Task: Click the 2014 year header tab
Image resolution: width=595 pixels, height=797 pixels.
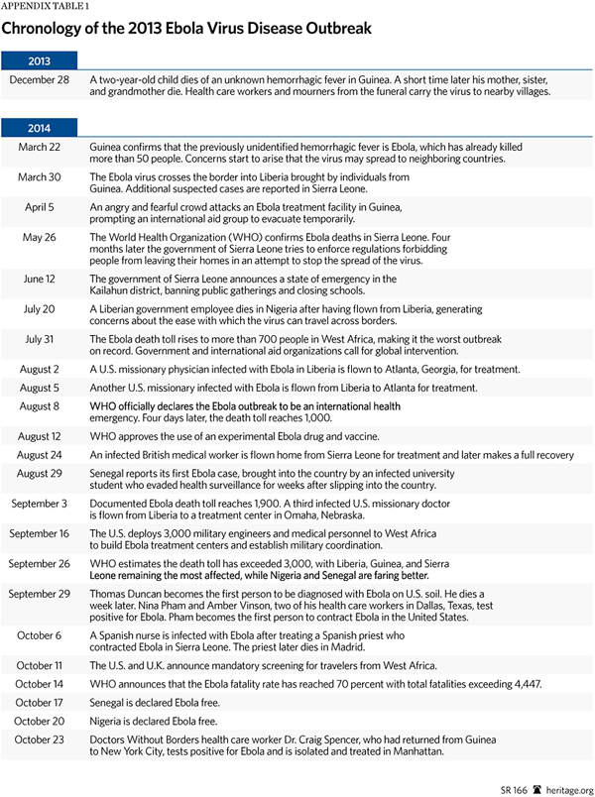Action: click(x=38, y=127)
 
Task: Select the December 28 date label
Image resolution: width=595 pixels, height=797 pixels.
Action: click(x=40, y=78)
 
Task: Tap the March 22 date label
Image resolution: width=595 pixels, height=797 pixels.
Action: click(x=40, y=147)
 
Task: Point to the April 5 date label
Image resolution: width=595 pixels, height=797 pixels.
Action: click(x=40, y=207)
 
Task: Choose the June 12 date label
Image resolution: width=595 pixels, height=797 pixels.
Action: click(x=40, y=280)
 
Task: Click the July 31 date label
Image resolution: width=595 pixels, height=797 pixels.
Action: click(x=40, y=340)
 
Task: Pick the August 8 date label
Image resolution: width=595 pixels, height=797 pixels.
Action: click(x=40, y=406)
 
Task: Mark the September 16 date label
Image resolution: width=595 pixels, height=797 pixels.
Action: click(x=40, y=534)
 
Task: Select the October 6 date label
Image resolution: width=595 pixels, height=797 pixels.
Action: click(x=40, y=636)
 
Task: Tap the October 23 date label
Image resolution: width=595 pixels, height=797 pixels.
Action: click(x=40, y=740)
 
